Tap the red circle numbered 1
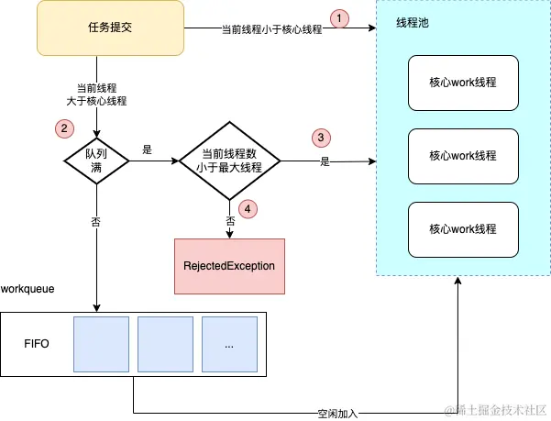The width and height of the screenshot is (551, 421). click(x=341, y=17)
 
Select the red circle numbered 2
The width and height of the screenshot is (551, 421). click(x=62, y=129)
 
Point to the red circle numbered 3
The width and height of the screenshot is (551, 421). click(x=320, y=138)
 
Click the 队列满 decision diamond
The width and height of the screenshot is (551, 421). click(x=96, y=162)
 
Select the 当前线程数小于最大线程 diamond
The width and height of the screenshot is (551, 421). click(x=228, y=162)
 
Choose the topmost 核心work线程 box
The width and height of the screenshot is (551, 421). click(x=462, y=82)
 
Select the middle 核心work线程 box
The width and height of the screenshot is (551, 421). click(x=462, y=156)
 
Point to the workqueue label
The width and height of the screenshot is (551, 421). click(x=28, y=289)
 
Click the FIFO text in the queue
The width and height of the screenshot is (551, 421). click(x=37, y=345)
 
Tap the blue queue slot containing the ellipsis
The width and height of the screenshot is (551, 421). click(x=228, y=346)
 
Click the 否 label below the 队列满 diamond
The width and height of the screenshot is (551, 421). click(x=96, y=221)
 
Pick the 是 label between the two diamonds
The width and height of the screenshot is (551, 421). click(x=147, y=149)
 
